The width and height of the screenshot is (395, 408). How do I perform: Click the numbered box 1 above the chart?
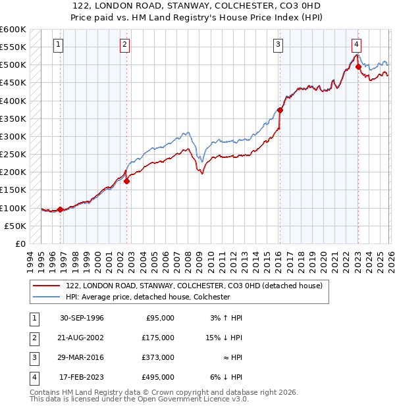click(59, 45)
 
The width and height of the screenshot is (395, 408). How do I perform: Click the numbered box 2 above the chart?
click(125, 45)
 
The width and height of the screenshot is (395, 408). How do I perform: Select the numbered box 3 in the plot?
click(278, 45)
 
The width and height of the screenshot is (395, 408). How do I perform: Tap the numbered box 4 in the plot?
click(356, 45)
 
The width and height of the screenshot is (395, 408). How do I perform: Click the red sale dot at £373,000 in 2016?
click(280, 111)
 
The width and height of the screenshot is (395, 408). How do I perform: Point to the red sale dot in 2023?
click(358, 66)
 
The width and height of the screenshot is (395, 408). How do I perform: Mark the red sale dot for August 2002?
click(127, 181)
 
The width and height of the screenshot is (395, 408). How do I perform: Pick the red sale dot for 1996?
click(61, 210)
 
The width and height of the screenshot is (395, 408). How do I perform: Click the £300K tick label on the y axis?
click(13, 136)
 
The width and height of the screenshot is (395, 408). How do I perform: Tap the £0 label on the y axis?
click(19, 243)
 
